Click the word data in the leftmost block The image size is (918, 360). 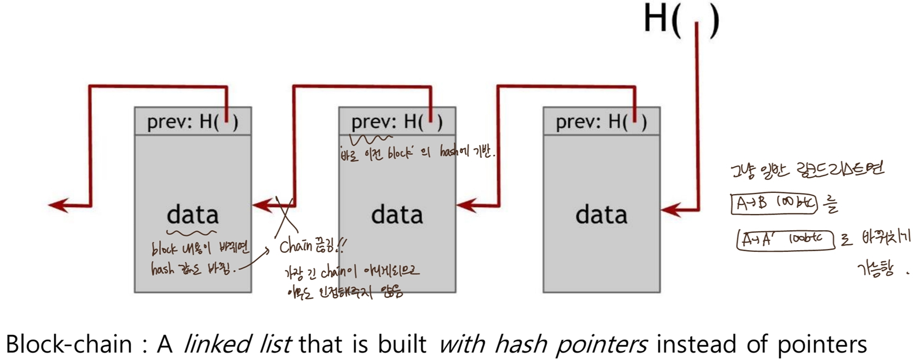[x=193, y=215]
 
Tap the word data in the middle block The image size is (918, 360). [x=397, y=215]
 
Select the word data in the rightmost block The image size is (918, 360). [x=601, y=215]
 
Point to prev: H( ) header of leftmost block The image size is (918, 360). [x=192, y=121]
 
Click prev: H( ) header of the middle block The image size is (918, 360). [x=397, y=121]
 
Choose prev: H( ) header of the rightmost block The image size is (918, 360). [x=601, y=121]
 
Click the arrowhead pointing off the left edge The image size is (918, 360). [x=57, y=204]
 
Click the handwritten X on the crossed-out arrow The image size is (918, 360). [x=284, y=217]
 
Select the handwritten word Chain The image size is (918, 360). [x=295, y=247]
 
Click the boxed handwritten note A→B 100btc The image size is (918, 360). [x=774, y=204]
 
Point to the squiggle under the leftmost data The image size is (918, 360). [x=191, y=233]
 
